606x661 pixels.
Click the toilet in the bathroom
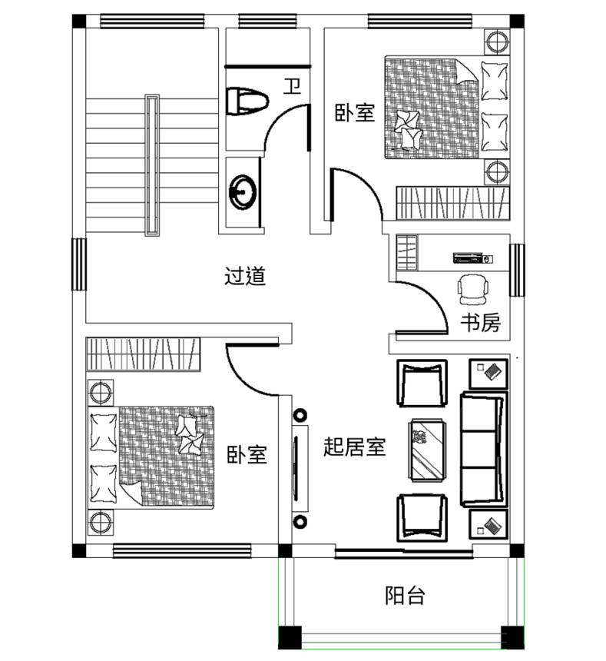247,101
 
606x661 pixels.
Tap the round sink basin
242,193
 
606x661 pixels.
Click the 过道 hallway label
245,276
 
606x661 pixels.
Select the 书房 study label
480,323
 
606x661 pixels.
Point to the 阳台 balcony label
405,595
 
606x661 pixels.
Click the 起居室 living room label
355,447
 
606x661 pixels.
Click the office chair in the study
473,289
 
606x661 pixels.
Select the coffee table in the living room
427,450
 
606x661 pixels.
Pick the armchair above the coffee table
422,384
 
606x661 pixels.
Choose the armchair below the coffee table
422,518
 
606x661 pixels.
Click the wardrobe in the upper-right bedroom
452,204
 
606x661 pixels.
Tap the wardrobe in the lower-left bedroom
143,354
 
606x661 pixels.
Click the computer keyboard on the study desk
468,257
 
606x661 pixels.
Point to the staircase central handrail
152,164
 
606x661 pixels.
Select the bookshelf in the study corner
407,253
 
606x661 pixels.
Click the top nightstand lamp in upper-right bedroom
497,42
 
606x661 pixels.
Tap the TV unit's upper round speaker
300,416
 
